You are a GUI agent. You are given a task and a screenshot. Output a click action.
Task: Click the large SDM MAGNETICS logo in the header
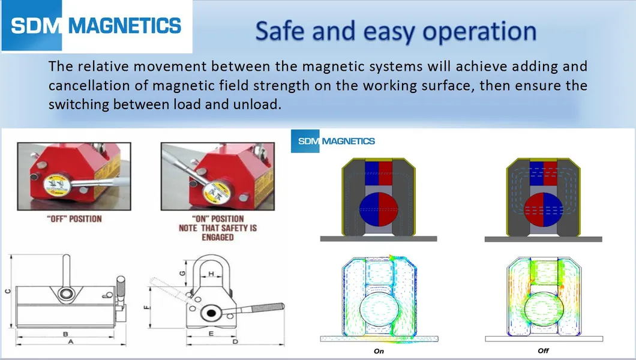point(96,26)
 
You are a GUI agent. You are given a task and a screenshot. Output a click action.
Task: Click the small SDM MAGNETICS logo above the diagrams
point(333,141)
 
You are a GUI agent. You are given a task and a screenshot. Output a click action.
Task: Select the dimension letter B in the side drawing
point(65,332)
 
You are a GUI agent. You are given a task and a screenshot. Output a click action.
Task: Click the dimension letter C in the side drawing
point(8,292)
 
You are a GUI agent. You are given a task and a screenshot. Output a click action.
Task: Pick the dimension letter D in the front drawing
point(235,342)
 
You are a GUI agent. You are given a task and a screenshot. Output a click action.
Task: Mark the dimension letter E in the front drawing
point(211,332)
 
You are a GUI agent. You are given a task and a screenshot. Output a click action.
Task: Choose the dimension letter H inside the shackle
point(211,274)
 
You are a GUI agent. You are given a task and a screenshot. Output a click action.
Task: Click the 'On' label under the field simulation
point(379,351)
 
